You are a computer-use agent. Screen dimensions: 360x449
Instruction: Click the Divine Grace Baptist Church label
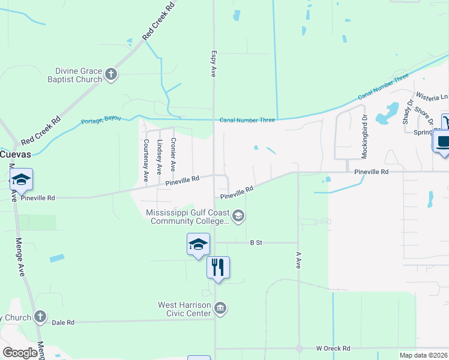click(74, 75)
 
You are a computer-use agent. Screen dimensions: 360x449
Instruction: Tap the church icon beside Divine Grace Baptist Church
click(110, 74)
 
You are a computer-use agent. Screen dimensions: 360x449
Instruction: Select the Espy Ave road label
click(212, 63)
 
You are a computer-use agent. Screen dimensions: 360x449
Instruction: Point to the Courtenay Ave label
click(146, 160)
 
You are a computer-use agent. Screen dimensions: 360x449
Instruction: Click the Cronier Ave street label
click(173, 155)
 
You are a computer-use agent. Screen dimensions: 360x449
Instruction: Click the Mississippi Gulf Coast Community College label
click(188, 217)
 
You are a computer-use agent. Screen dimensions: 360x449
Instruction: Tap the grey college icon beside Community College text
click(238, 216)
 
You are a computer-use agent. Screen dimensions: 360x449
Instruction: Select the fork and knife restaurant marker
click(218, 266)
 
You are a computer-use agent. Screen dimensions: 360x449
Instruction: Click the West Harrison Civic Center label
click(184, 309)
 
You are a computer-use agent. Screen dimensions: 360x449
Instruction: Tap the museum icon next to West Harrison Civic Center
click(221, 308)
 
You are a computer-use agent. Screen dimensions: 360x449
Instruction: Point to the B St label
click(256, 242)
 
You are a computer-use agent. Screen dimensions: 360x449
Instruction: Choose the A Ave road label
click(297, 259)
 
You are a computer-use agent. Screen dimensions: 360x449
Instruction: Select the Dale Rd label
click(63, 322)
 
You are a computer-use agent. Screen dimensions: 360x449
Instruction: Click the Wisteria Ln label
click(435, 96)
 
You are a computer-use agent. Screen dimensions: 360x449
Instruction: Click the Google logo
click(20, 352)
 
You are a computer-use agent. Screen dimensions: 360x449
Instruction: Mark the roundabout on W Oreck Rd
click(298, 348)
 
